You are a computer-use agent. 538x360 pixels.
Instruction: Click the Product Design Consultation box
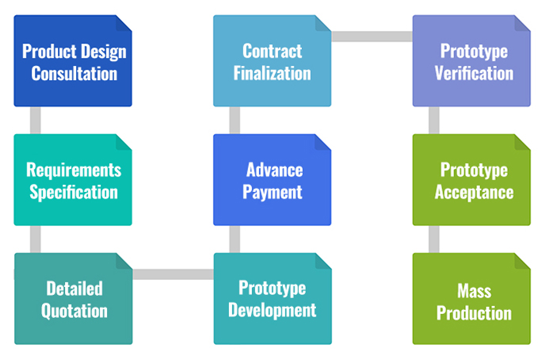pos(73,62)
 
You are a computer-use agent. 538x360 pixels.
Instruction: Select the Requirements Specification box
pos(73,180)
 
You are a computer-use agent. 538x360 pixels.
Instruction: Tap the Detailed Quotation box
pos(73,299)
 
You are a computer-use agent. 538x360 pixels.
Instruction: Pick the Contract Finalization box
pos(272,62)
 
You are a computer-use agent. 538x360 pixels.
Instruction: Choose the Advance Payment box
pos(272,180)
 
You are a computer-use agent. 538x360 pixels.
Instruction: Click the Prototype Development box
pos(272,299)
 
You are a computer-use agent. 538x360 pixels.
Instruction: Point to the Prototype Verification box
pos(471,62)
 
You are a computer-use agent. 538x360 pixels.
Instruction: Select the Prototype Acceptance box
pos(471,180)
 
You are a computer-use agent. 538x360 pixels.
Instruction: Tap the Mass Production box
pos(471,299)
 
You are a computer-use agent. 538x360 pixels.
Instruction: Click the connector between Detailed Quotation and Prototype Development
pos(173,274)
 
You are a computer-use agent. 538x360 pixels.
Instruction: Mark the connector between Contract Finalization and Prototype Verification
pos(372,36)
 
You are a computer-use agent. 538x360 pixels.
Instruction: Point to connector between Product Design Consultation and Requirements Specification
pos(35,121)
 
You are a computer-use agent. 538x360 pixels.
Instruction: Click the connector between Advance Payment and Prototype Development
pos(235,239)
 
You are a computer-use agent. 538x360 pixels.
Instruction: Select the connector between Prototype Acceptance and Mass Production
pos(434,239)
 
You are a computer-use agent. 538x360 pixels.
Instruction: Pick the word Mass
pos(474,290)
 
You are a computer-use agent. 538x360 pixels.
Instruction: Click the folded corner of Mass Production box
pos(522,261)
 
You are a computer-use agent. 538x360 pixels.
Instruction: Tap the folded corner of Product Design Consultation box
pos(124,23)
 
